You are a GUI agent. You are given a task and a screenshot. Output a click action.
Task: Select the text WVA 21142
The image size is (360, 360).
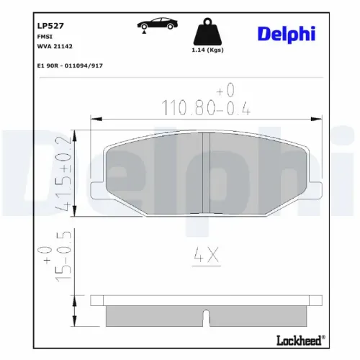point(55,45)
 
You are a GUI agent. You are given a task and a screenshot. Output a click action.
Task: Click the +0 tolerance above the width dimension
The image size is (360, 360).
point(226,90)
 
